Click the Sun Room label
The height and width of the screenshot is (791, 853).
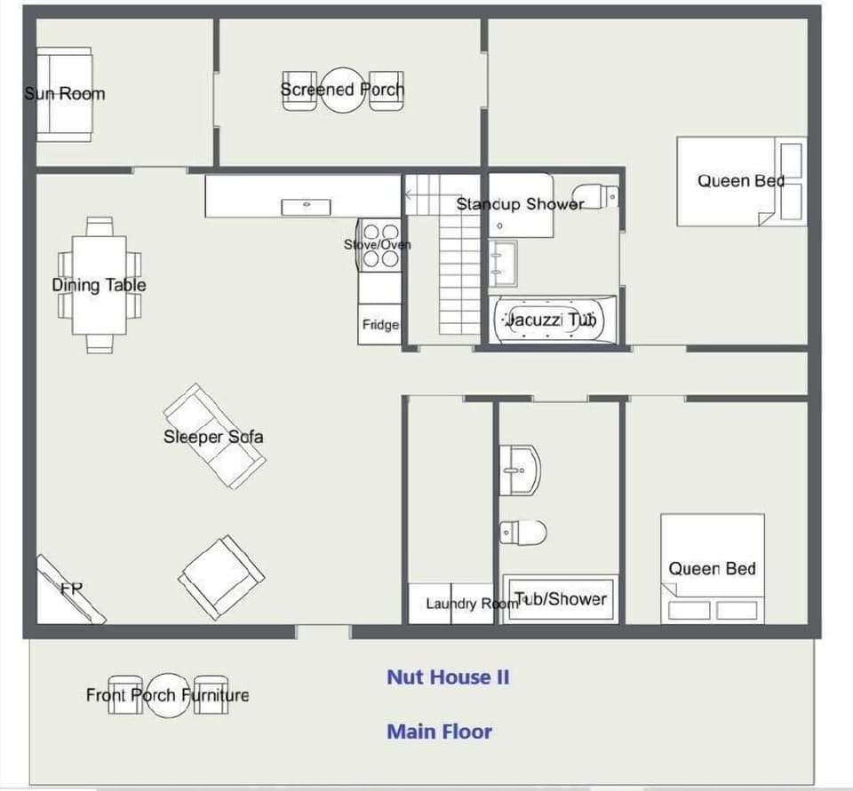pyautogui.click(x=65, y=93)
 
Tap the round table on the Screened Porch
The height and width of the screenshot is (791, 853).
pyautogui.click(x=342, y=91)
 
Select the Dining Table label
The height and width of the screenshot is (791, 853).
pyautogui.click(x=99, y=285)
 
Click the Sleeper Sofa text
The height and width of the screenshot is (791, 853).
pyautogui.click(x=213, y=437)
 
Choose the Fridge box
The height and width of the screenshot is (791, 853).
pyautogui.click(x=379, y=325)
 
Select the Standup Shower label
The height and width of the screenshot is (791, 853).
pyautogui.click(x=520, y=204)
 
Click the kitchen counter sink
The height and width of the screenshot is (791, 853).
pyautogui.click(x=306, y=207)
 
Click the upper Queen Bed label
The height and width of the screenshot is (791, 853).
pyautogui.click(x=740, y=181)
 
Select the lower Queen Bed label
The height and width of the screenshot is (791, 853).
pyautogui.click(x=712, y=569)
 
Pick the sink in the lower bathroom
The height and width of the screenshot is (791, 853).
pyautogui.click(x=520, y=468)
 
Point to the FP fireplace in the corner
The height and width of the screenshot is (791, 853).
pyautogui.click(x=71, y=590)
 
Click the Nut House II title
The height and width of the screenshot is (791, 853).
pyautogui.click(x=448, y=677)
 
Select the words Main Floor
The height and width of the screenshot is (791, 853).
pyautogui.click(x=439, y=732)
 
